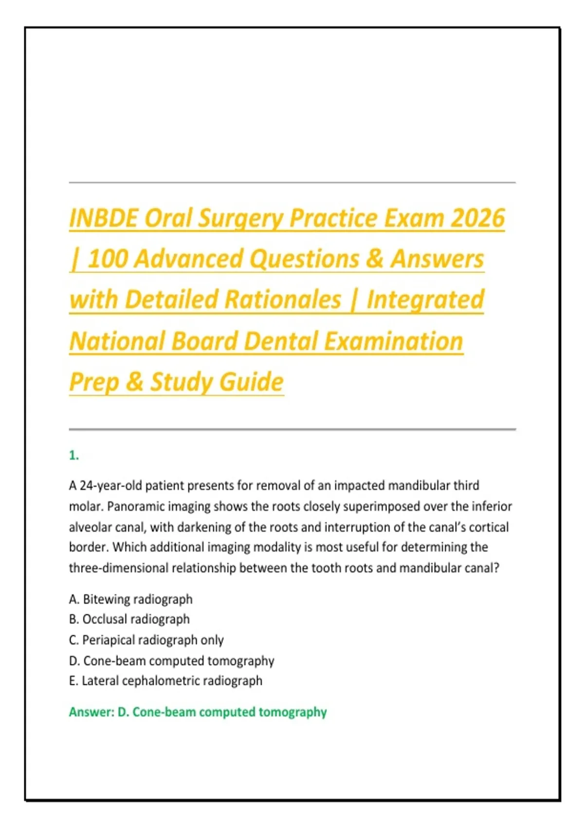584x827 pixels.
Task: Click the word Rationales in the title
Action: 283,299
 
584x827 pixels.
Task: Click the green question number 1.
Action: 74,456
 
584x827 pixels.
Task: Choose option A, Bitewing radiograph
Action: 131,599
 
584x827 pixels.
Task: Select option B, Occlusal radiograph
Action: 129,619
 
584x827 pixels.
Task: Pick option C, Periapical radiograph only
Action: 146,640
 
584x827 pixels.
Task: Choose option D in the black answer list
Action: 172,661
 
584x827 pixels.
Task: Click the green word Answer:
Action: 92,712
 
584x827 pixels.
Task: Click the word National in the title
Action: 117,341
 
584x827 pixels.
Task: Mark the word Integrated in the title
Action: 425,299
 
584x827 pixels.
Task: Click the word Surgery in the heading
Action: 240,218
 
